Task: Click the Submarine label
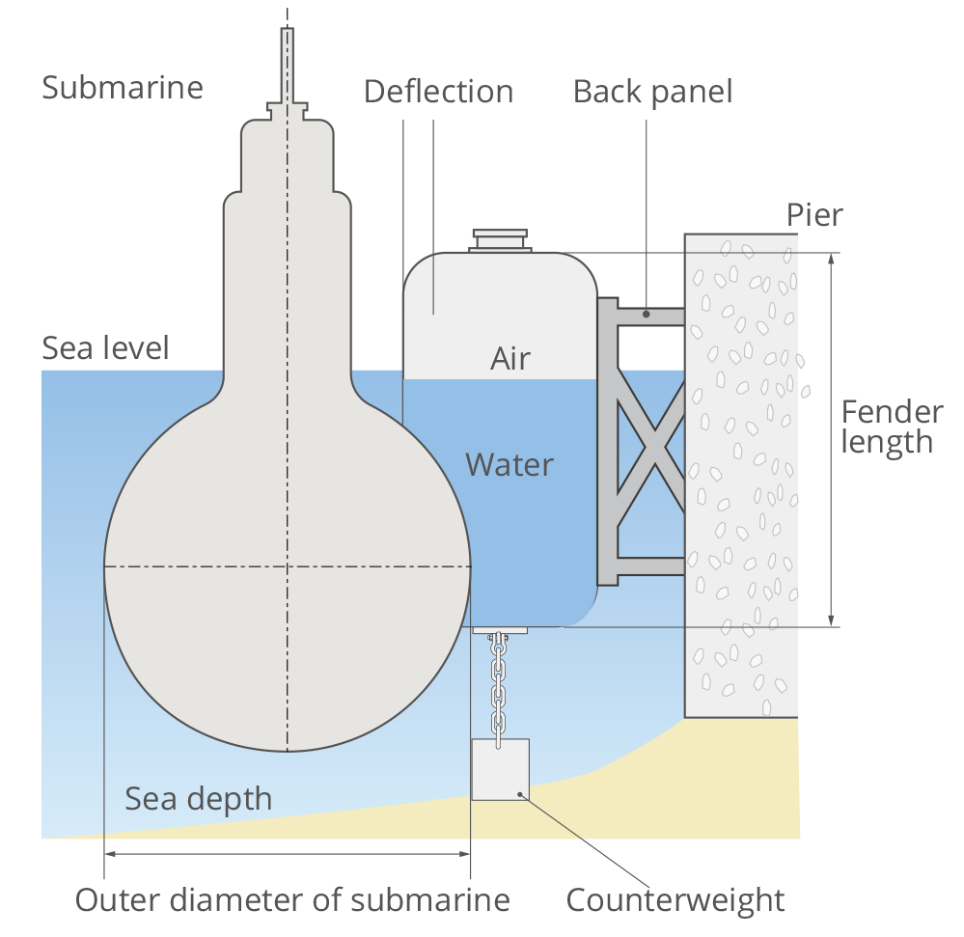click(123, 88)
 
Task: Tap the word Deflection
click(438, 92)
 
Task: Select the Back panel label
click(652, 92)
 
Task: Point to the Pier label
click(813, 214)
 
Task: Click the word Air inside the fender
click(510, 359)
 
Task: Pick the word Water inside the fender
click(510, 465)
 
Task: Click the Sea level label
click(105, 348)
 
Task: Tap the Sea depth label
click(198, 799)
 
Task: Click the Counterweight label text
click(675, 900)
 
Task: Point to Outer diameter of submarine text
click(292, 900)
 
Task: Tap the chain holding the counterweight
click(498, 685)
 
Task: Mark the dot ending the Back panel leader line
click(646, 314)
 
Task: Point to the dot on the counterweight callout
click(521, 794)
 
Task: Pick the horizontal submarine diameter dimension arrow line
click(288, 854)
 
